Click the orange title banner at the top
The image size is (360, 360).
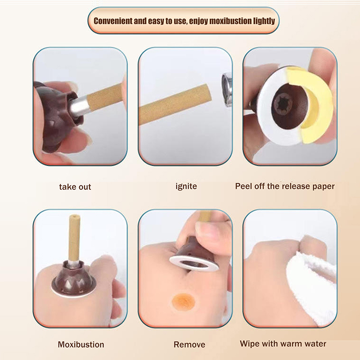[184, 21]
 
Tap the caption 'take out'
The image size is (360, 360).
[75, 187]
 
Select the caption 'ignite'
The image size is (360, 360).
[186, 186]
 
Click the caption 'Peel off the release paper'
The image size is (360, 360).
[285, 186]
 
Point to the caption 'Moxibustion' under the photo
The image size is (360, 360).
[81, 344]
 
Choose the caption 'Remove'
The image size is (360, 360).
[189, 344]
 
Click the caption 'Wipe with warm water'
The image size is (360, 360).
[283, 344]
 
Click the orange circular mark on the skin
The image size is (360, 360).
[184, 301]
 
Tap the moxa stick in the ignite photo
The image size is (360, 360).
[175, 104]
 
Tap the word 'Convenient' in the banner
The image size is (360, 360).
[113, 21]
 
